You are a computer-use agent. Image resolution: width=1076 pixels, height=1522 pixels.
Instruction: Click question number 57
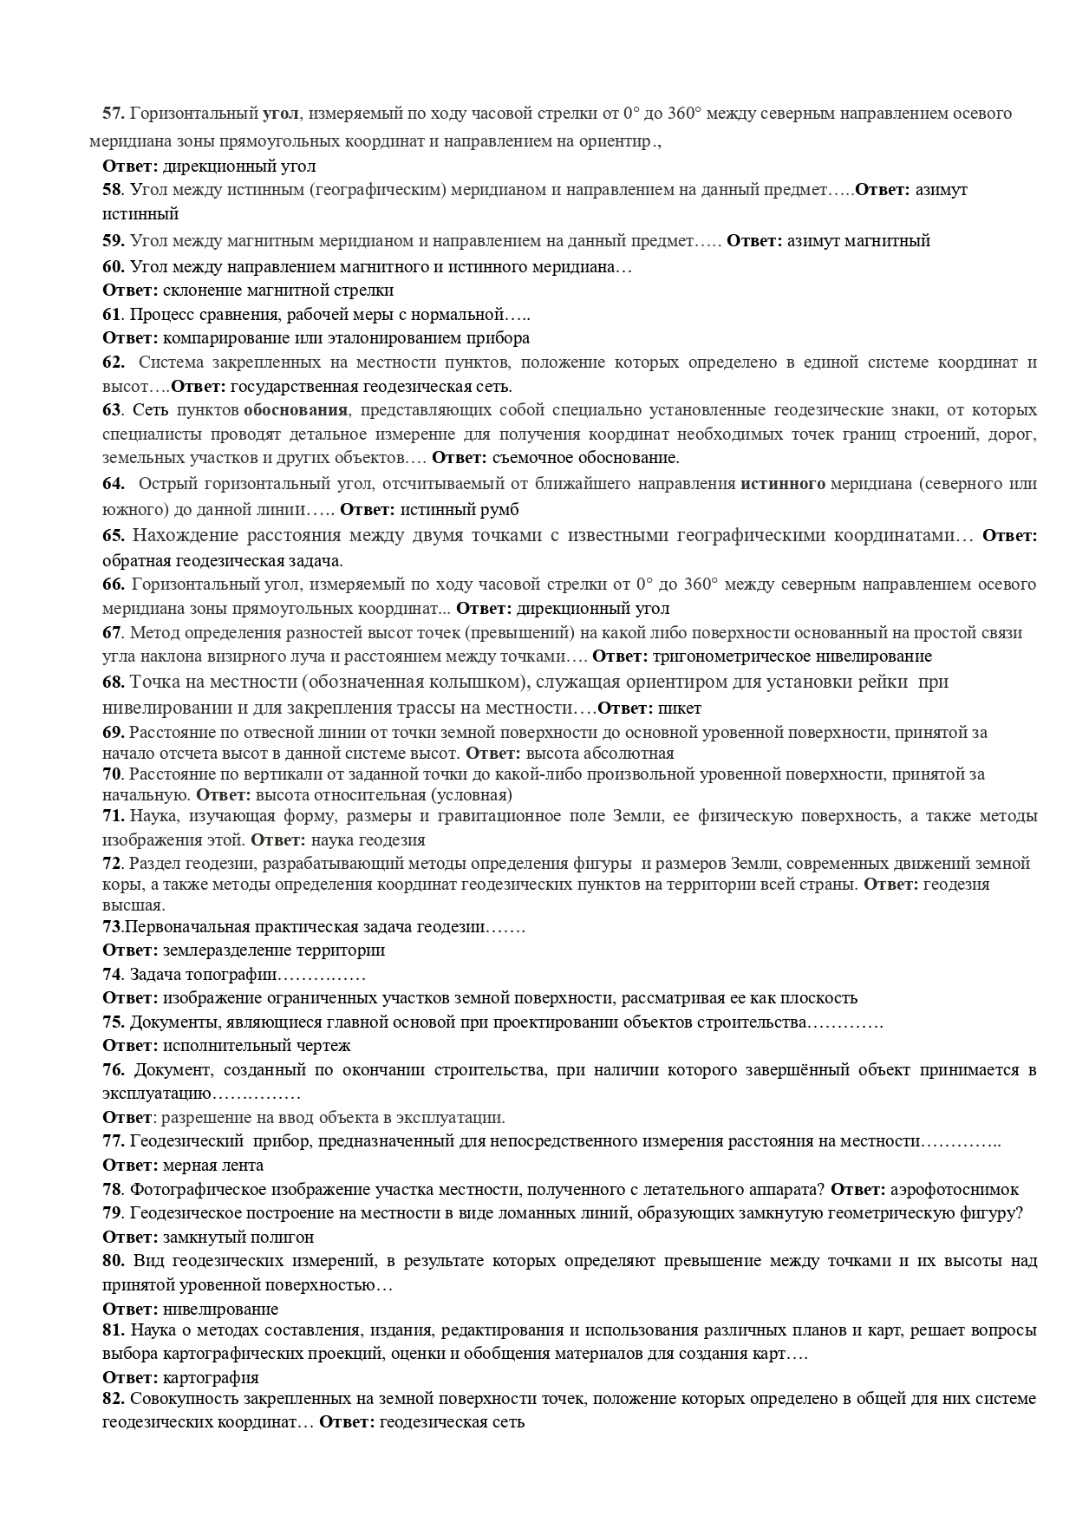point(114,114)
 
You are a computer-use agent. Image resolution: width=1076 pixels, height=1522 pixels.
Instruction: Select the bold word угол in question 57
point(280,114)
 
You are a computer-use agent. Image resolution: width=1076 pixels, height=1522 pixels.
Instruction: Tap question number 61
point(112,313)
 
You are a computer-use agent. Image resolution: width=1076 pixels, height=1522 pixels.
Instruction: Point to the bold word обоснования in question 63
point(296,409)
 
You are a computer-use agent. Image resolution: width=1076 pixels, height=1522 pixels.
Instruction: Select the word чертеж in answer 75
point(325,1046)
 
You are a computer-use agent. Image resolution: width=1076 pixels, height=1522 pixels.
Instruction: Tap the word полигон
point(284,1237)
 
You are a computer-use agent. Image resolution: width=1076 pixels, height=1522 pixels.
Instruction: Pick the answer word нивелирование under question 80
point(221,1309)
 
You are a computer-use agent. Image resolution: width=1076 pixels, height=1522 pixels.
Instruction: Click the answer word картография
point(211,1377)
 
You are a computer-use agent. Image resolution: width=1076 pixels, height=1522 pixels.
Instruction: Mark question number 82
point(113,1398)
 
